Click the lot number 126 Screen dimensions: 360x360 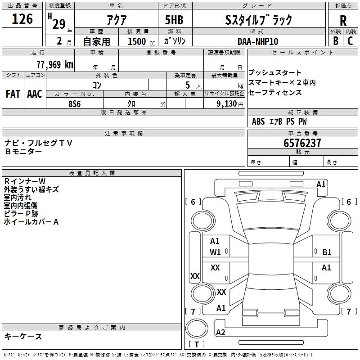pos(22,19)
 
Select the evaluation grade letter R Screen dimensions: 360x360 pos(343,21)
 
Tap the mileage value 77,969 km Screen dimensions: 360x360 pos(55,64)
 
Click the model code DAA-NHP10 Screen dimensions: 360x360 pos(258,41)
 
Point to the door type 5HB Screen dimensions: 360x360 pos(174,20)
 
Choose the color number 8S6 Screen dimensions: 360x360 pos(75,104)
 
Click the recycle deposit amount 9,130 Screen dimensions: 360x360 pos(227,103)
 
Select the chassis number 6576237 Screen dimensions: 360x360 pos(302,143)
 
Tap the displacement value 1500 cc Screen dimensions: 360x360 pos(141,41)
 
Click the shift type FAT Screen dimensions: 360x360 pos(13,94)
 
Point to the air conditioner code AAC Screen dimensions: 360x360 pos(35,94)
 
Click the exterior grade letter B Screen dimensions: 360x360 pos(336,41)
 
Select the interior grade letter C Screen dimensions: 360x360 pos(350,41)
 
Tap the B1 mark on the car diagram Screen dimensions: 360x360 pos(327,252)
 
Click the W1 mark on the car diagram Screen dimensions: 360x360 pos(215,252)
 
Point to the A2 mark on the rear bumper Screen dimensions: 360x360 pos(220,333)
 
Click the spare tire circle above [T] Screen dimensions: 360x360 pos(197,328)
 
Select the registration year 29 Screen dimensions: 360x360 pos(59,24)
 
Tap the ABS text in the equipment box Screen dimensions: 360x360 pos(258,121)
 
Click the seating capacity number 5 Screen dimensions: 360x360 pos(188,85)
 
